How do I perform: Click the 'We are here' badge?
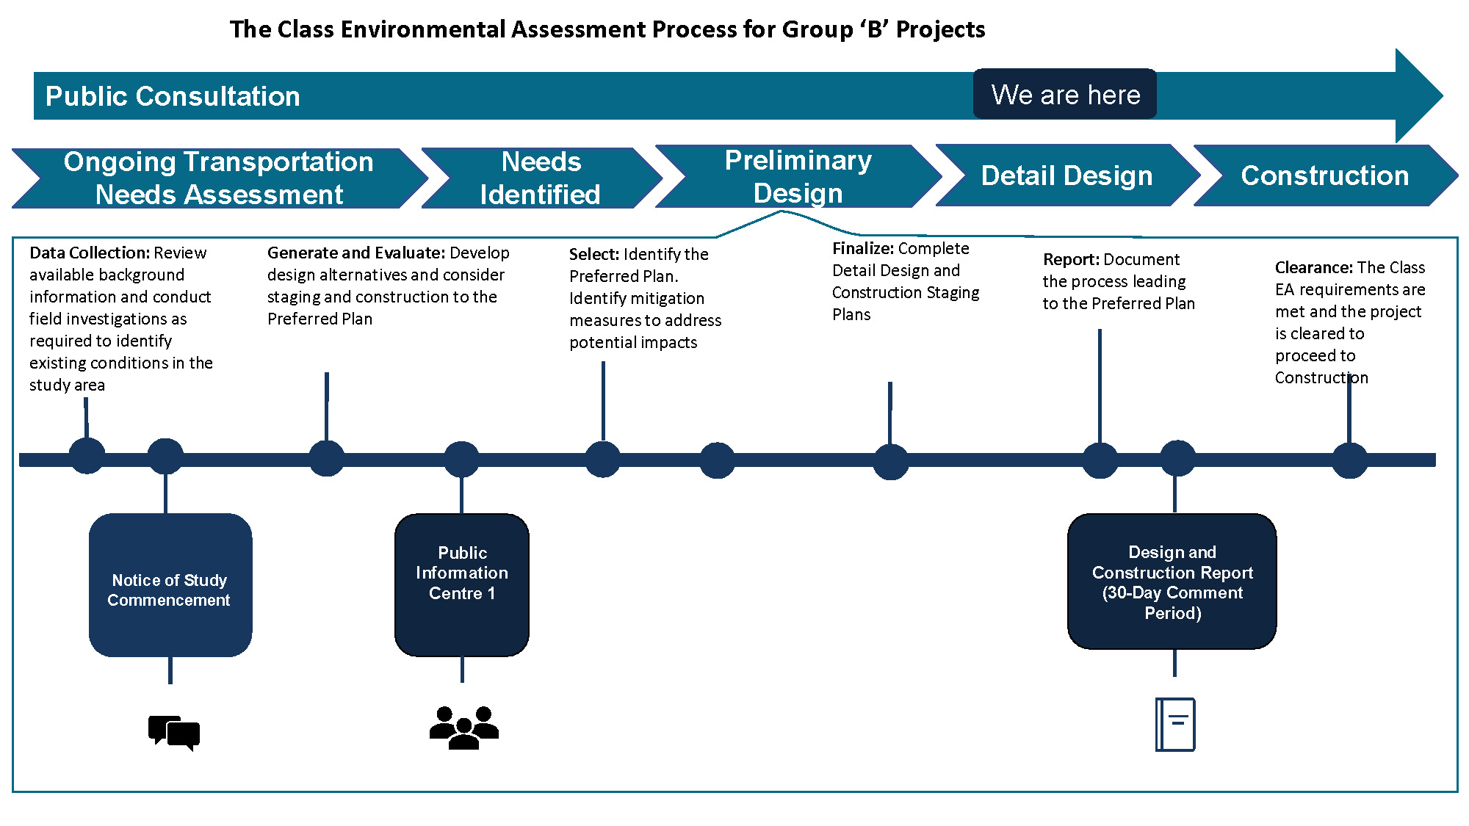coord(1064,94)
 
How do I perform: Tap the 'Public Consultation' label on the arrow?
coord(173,96)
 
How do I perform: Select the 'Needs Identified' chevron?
coord(541,178)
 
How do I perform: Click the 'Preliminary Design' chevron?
coord(798,176)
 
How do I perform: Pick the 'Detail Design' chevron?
coord(1066,175)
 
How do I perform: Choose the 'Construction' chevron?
coord(1324,175)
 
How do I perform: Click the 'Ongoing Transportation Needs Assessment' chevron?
coord(218,178)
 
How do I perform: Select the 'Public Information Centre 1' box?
coord(462,584)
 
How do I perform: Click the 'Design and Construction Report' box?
coord(1172,582)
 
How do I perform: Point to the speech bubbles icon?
coord(174,733)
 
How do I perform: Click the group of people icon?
coord(463,727)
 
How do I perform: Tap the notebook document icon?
coord(1175,724)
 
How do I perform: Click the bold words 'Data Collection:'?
coord(89,253)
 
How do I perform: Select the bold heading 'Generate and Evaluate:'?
coord(355,253)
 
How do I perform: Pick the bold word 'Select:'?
coord(593,254)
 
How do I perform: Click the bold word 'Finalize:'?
coord(862,248)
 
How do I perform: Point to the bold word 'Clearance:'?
coord(1313,267)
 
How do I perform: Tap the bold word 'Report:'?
coord(1070,259)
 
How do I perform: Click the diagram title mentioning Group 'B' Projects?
coord(607,29)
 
